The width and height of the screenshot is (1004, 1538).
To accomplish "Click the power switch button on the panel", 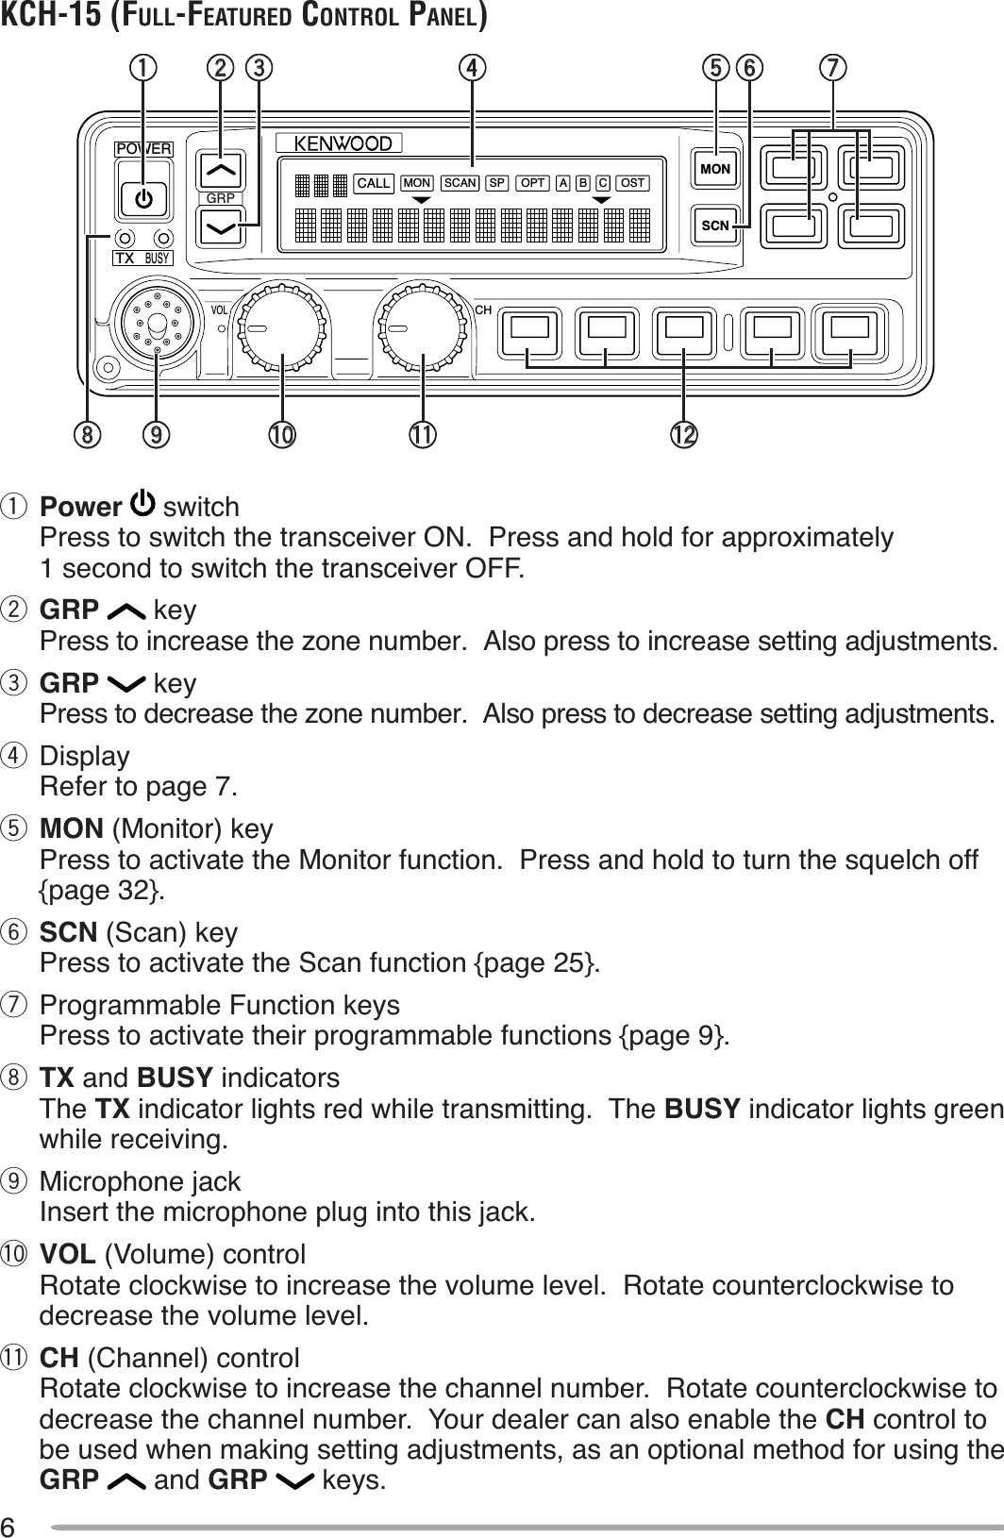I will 143,198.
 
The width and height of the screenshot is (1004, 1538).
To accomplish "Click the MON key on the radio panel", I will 715,169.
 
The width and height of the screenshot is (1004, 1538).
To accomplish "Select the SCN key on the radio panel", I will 715,226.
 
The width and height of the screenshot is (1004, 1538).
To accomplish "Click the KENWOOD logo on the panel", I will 343,143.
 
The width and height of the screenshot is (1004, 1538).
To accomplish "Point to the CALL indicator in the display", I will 374,183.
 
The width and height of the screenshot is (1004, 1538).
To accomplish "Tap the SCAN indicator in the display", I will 461,183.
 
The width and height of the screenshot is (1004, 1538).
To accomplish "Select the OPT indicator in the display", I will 533,183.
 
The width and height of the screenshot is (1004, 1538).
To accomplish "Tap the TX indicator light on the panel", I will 125,237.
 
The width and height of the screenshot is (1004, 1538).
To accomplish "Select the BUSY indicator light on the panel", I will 164,237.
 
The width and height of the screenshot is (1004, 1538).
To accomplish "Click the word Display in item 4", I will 85,757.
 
